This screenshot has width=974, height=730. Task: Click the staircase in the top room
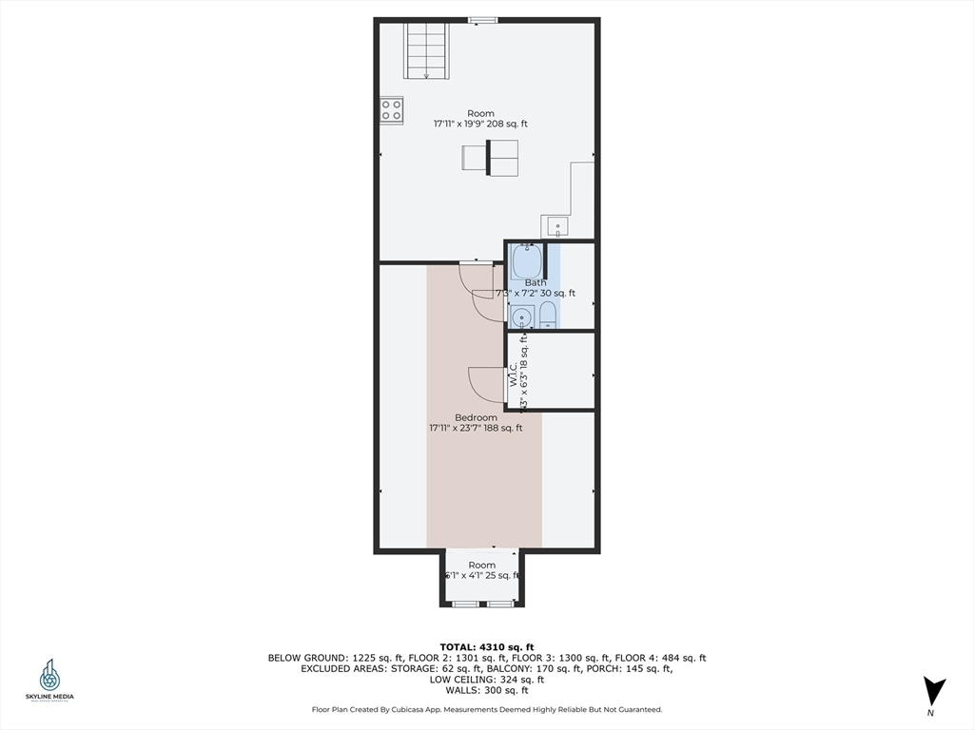pos(426,51)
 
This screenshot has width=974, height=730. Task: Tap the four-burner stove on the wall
pos(392,109)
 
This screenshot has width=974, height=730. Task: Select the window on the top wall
pos(482,19)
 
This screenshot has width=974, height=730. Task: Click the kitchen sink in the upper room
pos(556,227)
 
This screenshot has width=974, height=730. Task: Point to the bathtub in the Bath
pos(525,259)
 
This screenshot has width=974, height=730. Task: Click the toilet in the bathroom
pos(547,317)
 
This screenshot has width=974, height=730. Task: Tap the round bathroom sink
pos(521,317)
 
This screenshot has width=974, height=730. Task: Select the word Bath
pos(536,282)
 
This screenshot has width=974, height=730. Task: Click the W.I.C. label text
pos(513,374)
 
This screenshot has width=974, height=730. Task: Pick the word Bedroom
pos(476,417)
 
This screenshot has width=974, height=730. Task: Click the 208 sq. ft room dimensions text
pos(480,124)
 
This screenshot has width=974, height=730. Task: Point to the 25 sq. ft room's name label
pos(481,565)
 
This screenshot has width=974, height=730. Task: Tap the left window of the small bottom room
pos(464,604)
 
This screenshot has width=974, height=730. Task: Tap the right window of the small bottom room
pos(500,604)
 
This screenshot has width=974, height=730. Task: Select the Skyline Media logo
pos(49,681)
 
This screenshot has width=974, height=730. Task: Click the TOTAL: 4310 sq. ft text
pos(486,646)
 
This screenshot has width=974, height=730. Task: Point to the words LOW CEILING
pos(462,680)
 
